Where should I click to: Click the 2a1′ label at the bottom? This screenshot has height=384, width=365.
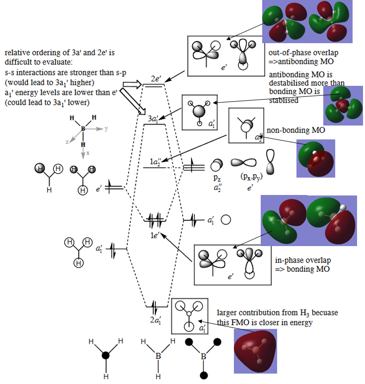click(155, 320)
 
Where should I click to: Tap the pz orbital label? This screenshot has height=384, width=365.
click(217, 177)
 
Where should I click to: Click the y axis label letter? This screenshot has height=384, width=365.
click(106, 128)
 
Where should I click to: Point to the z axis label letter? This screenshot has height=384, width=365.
click(67, 141)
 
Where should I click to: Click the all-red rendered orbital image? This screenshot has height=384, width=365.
click(256, 350)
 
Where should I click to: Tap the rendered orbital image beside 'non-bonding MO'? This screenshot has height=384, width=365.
click(315, 158)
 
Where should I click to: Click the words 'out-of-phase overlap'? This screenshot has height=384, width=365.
click(297, 53)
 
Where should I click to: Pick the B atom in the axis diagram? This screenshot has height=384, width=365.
click(83, 128)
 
